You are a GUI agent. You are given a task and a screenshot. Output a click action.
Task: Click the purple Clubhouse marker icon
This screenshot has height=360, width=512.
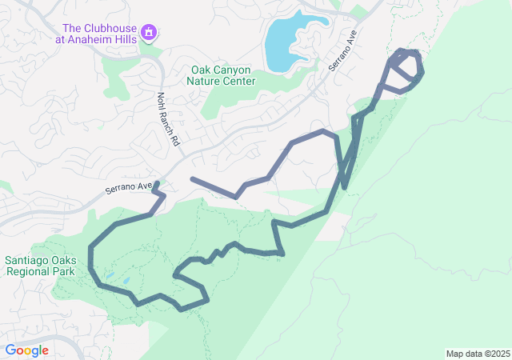(148, 32)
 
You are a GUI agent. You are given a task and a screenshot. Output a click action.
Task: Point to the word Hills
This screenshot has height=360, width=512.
(122, 38)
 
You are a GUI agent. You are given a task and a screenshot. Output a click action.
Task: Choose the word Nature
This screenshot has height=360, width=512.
(204, 81)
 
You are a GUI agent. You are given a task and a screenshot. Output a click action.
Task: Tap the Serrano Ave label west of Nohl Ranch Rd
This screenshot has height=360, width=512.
(128, 189)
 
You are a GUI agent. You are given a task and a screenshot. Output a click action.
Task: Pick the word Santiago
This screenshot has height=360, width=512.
(30, 260)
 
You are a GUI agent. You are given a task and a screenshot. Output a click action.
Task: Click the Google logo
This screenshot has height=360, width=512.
(27, 350)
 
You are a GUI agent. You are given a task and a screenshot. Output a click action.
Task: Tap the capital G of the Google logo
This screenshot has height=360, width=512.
(11, 350)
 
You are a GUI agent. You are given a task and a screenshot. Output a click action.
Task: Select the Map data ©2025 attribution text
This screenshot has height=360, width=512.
(477, 354)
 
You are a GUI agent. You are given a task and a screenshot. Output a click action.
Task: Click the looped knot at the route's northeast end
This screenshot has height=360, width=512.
(406, 66)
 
